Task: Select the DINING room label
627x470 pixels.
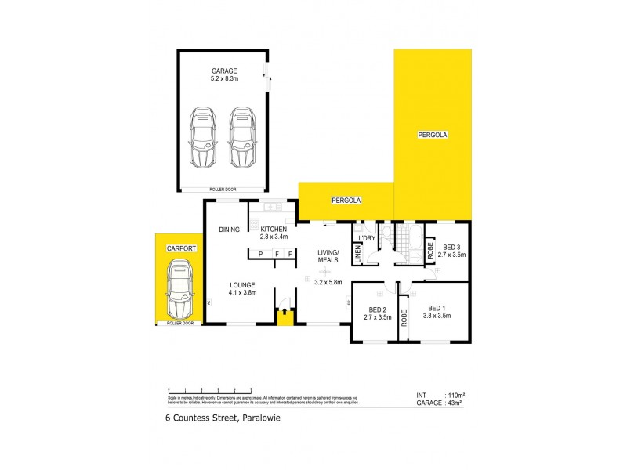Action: pos(229,229)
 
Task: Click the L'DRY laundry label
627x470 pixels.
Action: pos(366,237)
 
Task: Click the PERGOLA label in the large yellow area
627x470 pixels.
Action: pos(432,135)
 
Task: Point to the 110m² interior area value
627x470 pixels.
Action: pos(456,395)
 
